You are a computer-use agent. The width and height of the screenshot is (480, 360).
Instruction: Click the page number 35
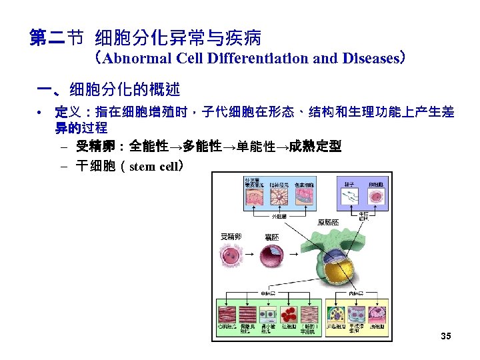[446, 336]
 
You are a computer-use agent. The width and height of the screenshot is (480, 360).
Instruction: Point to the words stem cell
[154, 165]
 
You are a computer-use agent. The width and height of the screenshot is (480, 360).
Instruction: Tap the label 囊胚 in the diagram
[272, 237]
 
